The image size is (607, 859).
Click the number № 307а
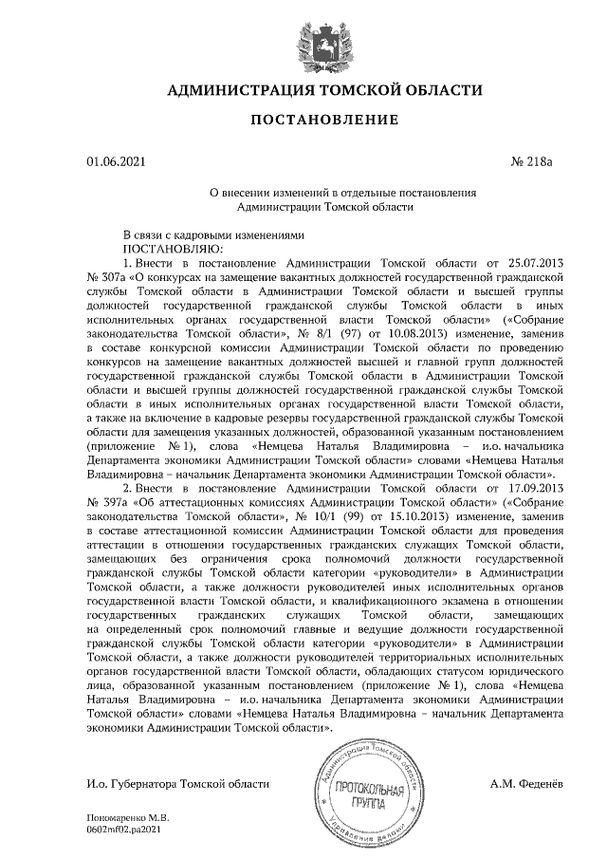[x=106, y=273]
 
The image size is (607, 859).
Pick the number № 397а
[x=106, y=501]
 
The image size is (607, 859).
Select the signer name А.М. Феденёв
[x=526, y=784]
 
